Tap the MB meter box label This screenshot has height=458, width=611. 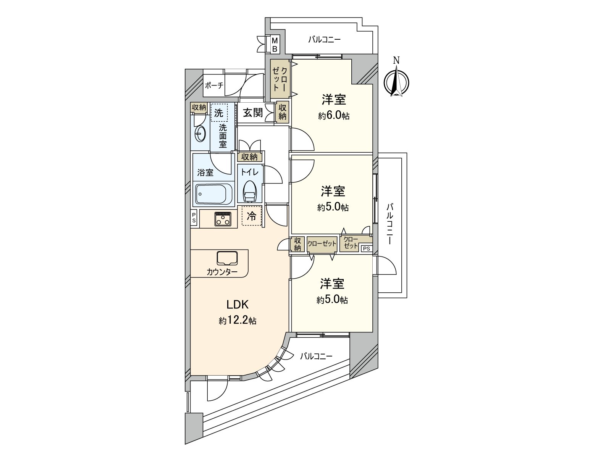point(275,44)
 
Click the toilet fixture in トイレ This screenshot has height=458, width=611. point(250,191)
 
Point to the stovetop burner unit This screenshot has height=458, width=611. point(222,219)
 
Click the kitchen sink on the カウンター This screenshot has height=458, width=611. point(227,258)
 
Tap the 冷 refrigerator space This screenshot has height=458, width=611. point(252,216)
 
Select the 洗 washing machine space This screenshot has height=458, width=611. point(218,113)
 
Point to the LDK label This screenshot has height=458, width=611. point(238,304)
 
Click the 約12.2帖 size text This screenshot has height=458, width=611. point(238,321)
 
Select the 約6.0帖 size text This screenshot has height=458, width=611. point(334,116)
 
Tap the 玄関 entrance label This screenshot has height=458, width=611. point(253,113)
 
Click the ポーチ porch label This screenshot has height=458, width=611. point(214,85)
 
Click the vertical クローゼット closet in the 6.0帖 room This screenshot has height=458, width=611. point(280,81)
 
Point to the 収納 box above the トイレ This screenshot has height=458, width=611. point(249,156)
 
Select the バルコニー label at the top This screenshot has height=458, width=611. point(324,39)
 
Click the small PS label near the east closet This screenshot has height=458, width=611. point(366,248)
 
